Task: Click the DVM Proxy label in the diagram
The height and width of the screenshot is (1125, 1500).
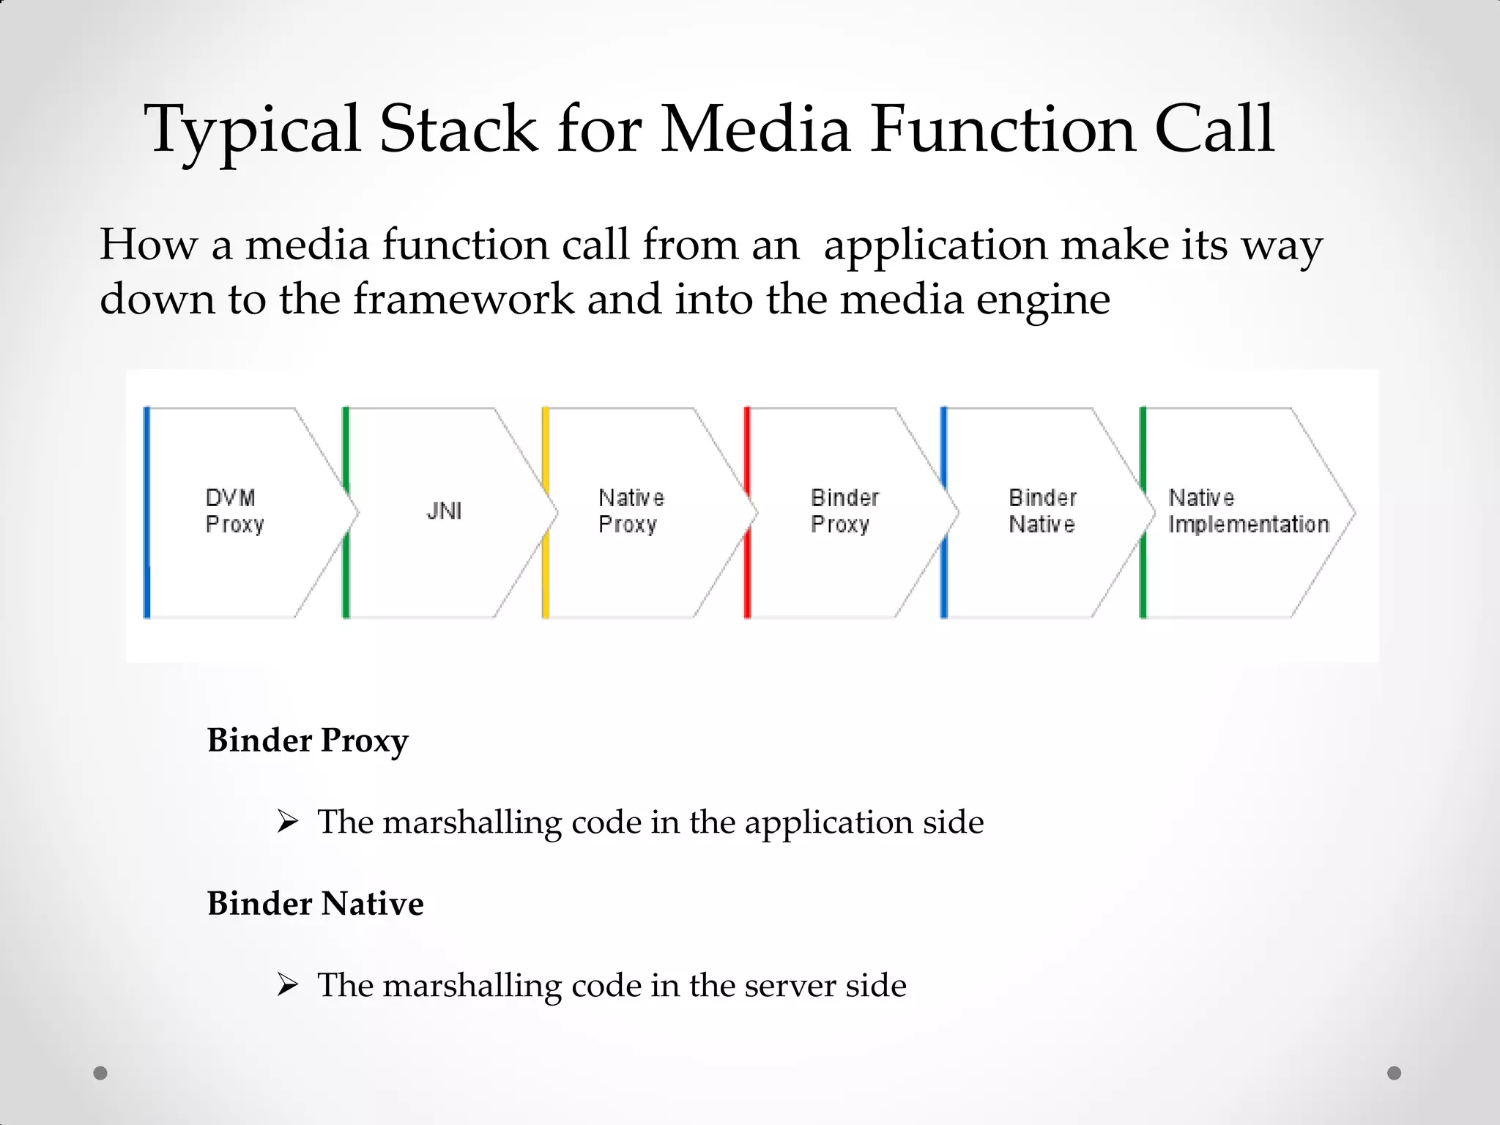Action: pos(234,511)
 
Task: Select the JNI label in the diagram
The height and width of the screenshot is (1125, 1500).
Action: pos(445,511)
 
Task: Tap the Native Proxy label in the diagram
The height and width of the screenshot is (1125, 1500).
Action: pos(631,511)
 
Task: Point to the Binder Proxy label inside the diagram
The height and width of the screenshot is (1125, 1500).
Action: pos(844,511)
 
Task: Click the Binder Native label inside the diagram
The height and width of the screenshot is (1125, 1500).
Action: pos(1042,511)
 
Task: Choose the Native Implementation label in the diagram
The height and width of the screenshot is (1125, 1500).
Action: pos(1248,511)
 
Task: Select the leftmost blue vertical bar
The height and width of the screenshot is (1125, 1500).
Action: pos(147,513)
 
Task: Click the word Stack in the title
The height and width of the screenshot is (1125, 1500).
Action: pos(458,129)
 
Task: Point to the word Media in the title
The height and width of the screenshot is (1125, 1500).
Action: pos(756,129)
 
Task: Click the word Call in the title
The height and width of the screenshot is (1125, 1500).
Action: pos(1214,129)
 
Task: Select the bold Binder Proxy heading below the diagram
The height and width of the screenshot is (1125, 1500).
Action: pos(308,740)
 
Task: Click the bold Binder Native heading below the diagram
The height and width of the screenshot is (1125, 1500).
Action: pos(315,904)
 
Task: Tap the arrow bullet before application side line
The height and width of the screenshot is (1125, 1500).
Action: pos(288,822)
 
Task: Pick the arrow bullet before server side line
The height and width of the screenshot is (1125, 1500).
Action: pos(288,985)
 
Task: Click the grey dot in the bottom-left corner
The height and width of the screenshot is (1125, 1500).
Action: pos(100,1073)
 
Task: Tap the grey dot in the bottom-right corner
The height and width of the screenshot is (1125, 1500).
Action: pos(1395,1073)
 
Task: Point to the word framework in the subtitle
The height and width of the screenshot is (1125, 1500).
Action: pos(464,300)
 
